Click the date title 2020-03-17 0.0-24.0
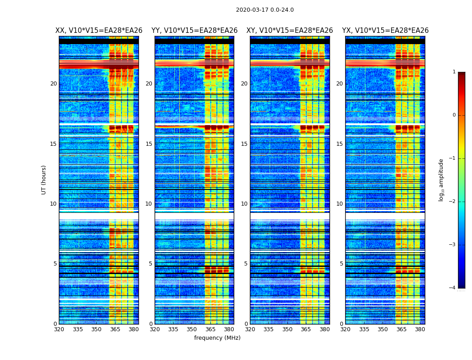(265, 10)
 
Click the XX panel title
(99, 31)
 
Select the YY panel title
(194, 31)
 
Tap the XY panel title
(289, 31)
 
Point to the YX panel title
(385, 31)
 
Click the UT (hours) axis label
(44, 180)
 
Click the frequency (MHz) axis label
(217, 338)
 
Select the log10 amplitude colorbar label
(441, 180)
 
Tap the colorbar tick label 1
(454, 72)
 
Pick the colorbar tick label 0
(454, 115)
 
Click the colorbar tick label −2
(454, 202)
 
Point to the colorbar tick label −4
(454, 288)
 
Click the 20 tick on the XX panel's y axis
(53, 84)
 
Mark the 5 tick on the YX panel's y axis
(341, 264)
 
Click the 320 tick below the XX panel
(59, 329)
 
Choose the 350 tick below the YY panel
(192, 329)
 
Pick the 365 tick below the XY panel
(306, 329)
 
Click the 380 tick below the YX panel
(420, 329)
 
